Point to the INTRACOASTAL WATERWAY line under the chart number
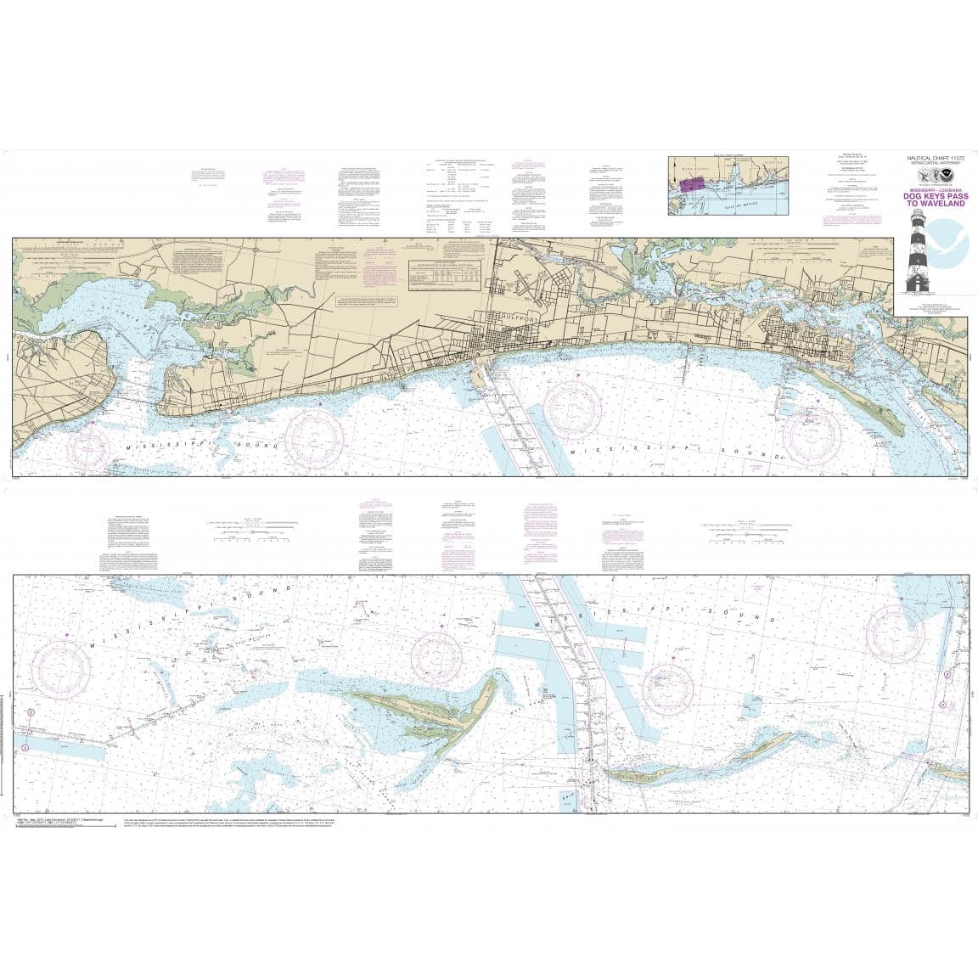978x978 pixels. tap(931, 165)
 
